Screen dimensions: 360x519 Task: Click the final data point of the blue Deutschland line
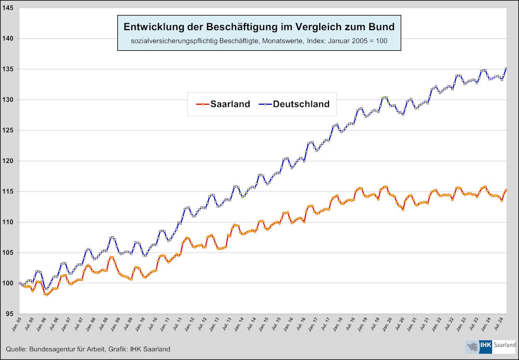pos(506,68)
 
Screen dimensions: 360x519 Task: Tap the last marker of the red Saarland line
pos(506,190)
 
